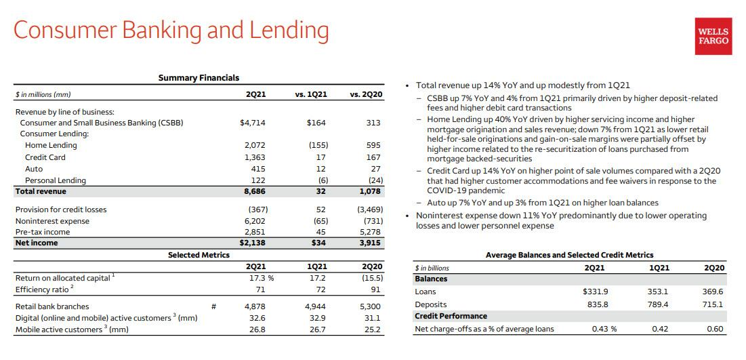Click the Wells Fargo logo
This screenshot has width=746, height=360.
tap(713, 36)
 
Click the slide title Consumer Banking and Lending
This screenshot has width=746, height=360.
tap(171, 30)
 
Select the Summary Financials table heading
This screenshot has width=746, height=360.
tap(199, 77)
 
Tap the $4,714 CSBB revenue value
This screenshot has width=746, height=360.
tap(252, 123)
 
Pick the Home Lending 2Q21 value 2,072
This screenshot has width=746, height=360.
tap(255, 145)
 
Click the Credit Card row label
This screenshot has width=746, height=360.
tap(45, 157)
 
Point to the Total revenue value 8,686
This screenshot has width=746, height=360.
tap(255, 191)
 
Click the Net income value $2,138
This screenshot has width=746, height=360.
tap(252, 243)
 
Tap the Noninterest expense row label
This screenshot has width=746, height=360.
tap(52, 221)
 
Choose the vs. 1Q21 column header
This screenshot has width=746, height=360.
tap(311, 95)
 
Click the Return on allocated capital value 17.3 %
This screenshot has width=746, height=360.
tap(258, 278)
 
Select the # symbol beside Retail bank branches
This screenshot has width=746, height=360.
tap(214, 306)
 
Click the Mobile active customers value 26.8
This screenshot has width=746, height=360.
tap(257, 329)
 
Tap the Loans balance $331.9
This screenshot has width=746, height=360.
tap(596, 292)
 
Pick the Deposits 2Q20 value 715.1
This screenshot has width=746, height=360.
tap(713, 304)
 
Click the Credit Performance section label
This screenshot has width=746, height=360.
tap(451, 316)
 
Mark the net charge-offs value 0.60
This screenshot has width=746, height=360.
tap(715, 329)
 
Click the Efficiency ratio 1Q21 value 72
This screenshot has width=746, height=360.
tap(321, 289)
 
